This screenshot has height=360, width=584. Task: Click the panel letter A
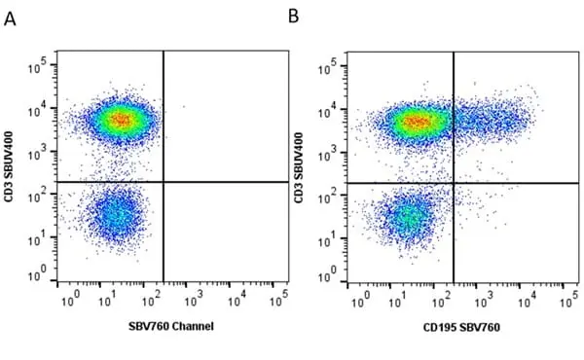point(10,19)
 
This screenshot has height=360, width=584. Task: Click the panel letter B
point(294,17)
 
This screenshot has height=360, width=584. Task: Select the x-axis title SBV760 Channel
point(171,326)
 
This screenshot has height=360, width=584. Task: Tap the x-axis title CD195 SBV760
point(461,327)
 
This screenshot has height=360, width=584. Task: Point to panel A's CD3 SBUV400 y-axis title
point(9,166)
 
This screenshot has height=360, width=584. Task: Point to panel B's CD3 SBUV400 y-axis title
point(299,167)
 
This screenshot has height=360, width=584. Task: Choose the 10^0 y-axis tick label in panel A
point(38,273)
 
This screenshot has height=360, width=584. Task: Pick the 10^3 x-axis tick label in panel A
point(195,298)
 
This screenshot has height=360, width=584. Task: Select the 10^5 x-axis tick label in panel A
point(279,298)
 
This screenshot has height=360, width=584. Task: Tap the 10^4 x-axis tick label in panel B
point(528,300)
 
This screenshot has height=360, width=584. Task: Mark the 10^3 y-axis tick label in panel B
point(329,153)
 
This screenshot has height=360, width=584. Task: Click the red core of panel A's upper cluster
point(122,120)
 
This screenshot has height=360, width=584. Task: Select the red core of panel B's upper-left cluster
point(417,122)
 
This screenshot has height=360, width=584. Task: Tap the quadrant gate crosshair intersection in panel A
point(164,182)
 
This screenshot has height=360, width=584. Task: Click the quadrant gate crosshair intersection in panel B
point(454,183)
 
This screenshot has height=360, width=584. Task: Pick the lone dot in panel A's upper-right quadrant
point(184,107)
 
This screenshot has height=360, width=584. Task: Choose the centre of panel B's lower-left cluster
point(408,218)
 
